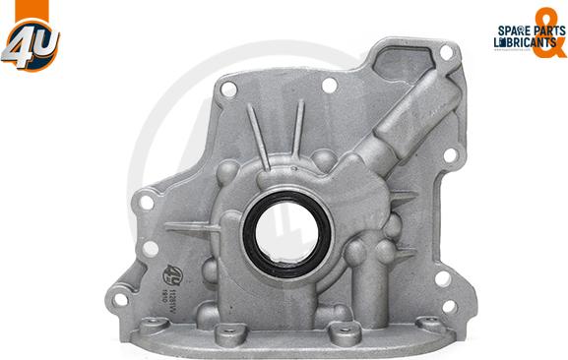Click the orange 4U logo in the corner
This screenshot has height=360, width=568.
31,38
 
